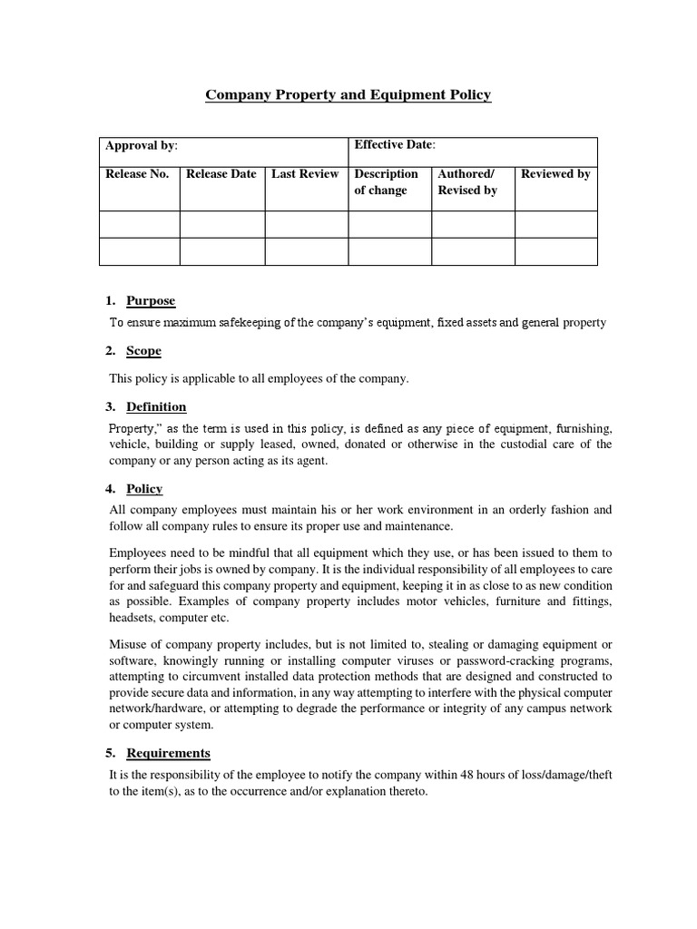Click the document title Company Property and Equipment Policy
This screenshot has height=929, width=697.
pyautogui.click(x=348, y=94)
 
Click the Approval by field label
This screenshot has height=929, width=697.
pyautogui.click(x=142, y=145)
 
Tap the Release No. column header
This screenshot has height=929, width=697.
pyautogui.click(x=138, y=174)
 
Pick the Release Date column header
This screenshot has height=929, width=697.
pyautogui.click(x=221, y=174)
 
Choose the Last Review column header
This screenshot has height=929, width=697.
pyautogui.click(x=305, y=174)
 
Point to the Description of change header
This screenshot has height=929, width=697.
pyautogui.click(x=387, y=181)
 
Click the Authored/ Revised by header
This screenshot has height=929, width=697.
pyautogui.click(x=467, y=181)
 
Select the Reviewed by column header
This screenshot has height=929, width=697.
pyautogui.click(x=555, y=174)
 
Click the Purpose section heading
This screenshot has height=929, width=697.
pyautogui.click(x=151, y=301)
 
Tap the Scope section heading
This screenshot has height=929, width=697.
pyautogui.click(x=144, y=351)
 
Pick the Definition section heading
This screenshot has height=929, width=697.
pyautogui.click(x=156, y=406)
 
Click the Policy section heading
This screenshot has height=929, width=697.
pyautogui.click(x=144, y=489)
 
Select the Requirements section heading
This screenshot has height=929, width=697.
pyautogui.click(x=168, y=753)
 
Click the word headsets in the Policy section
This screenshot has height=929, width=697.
pyautogui.click(x=133, y=618)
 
